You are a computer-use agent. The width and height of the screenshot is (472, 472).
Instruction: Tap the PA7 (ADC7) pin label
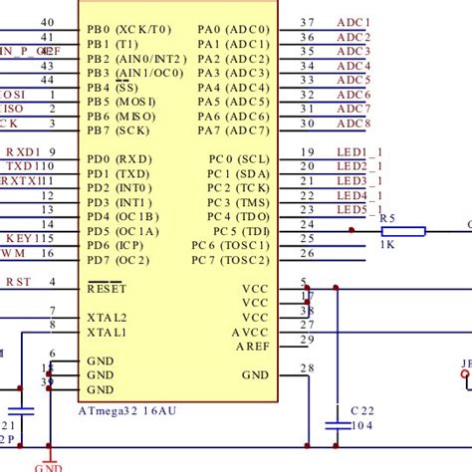point(233,130)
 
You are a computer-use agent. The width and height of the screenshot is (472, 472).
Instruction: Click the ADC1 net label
point(354,22)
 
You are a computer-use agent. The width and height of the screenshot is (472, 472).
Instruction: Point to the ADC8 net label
point(354,123)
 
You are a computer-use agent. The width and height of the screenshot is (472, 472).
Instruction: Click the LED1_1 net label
point(358,151)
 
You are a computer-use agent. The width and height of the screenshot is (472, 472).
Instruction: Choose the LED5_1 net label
point(358,210)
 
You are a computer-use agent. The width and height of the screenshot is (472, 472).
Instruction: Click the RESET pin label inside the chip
point(108,288)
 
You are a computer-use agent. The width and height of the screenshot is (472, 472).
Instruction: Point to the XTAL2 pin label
point(108,317)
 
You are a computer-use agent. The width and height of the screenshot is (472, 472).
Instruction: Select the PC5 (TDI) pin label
point(232,231)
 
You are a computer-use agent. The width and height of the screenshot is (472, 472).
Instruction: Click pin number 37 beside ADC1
point(307,22)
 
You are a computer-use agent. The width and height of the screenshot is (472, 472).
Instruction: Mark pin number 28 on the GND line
point(307,368)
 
